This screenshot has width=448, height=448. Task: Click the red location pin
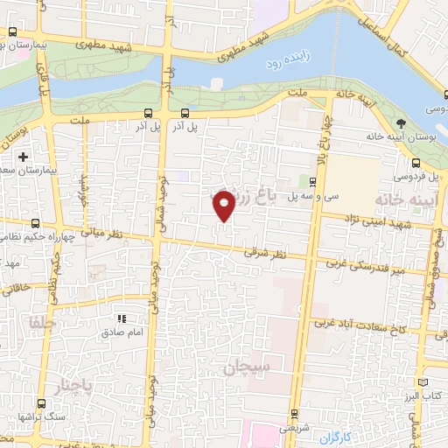tap(225, 206)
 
